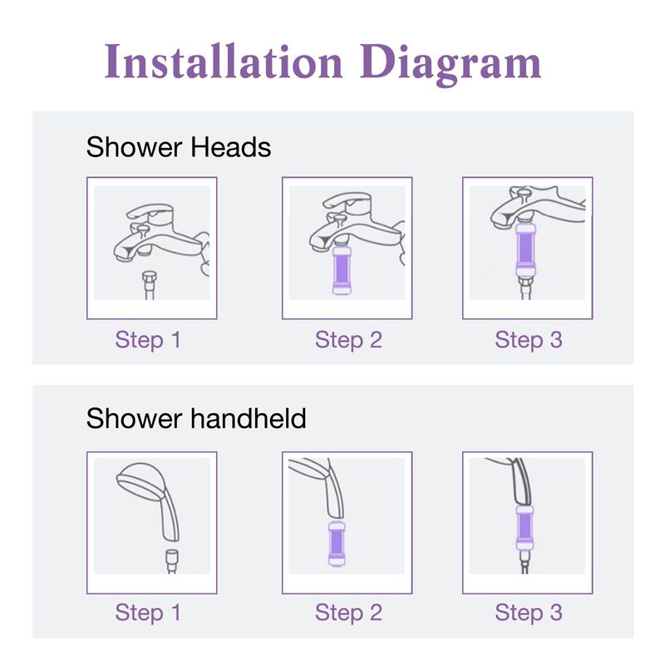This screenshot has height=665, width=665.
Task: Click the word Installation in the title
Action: point(224,61)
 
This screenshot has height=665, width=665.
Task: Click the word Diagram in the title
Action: point(451,64)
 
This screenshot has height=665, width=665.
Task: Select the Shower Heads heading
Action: point(179,147)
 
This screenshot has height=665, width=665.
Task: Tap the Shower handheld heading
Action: point(196,418)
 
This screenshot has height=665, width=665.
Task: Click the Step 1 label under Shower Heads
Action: point(148,341)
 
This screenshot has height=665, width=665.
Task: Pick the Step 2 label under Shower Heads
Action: point(348,341)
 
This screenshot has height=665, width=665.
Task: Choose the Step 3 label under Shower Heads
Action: point(529,341)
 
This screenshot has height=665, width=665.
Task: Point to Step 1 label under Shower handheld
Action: point(148,613)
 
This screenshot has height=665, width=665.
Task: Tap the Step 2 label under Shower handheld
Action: point(348,613)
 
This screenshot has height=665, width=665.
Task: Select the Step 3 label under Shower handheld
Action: point(529,613)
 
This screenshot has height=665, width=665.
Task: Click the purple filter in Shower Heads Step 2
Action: point(342,270)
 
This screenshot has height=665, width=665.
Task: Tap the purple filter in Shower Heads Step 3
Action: point(526,251)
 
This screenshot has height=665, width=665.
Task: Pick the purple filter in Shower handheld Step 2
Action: point(337,544)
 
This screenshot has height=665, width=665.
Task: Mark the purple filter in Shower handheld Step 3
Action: point(525,528)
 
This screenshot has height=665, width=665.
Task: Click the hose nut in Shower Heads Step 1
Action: point(150,279)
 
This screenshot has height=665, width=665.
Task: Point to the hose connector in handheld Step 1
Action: point(172,559)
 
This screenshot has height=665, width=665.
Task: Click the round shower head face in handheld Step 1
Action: point(138,480)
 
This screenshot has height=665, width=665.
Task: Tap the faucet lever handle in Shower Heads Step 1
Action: point(151,213)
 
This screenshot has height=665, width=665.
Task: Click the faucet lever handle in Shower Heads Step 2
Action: point(347,200)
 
